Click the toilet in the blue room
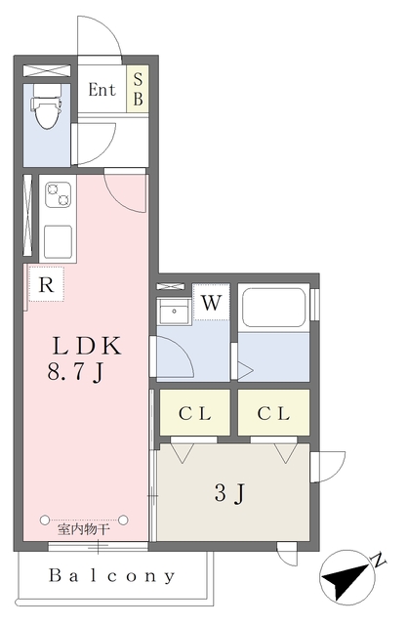[x=46, y=105]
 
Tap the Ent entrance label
[x=102, y=90]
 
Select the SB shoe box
[x=138, y=89]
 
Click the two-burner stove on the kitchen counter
[x=59, y=194]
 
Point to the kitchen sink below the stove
[x=59, y=241]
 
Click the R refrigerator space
[x=46, y=284]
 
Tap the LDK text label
[x=87, y=346]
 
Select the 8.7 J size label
[x=76, y=372]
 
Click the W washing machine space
[x=211, y=302]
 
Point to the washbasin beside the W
[x=174, y=311]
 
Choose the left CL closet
[x=194, y=413]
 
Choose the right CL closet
[x=273, y=413]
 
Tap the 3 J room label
[x=229, y=493]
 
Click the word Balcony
[x=112, y=576]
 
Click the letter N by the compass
[x=379, y=560]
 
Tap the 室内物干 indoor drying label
[x=84, y=529]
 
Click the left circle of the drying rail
[x=45, y=520]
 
